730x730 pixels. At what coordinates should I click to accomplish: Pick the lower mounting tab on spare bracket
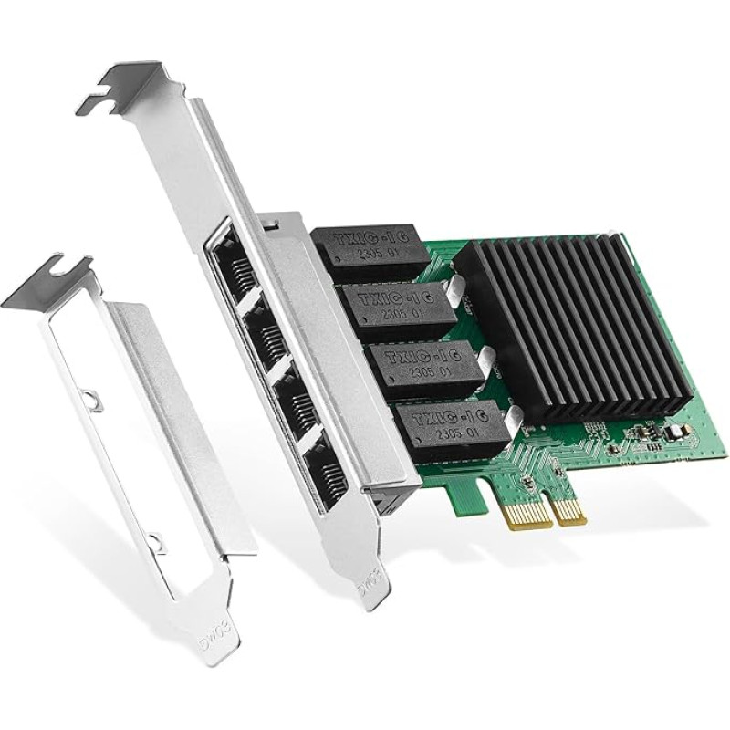pos(155,541)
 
